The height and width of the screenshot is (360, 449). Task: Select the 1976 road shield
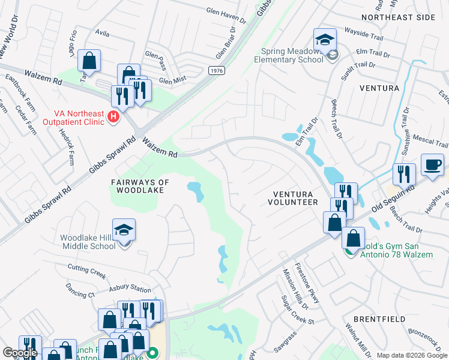(x=217, y=71)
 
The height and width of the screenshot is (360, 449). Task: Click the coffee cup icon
(x=432, y=165)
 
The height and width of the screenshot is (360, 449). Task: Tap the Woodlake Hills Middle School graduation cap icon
(x=124, y=230)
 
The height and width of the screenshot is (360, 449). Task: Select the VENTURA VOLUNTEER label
(x=295, y=198)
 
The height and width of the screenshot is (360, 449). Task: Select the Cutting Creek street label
(x=86, y=271)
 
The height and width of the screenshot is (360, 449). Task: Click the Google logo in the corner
(x=20, y=353)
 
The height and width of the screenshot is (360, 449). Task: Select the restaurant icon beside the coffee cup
(x=404, y=174)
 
